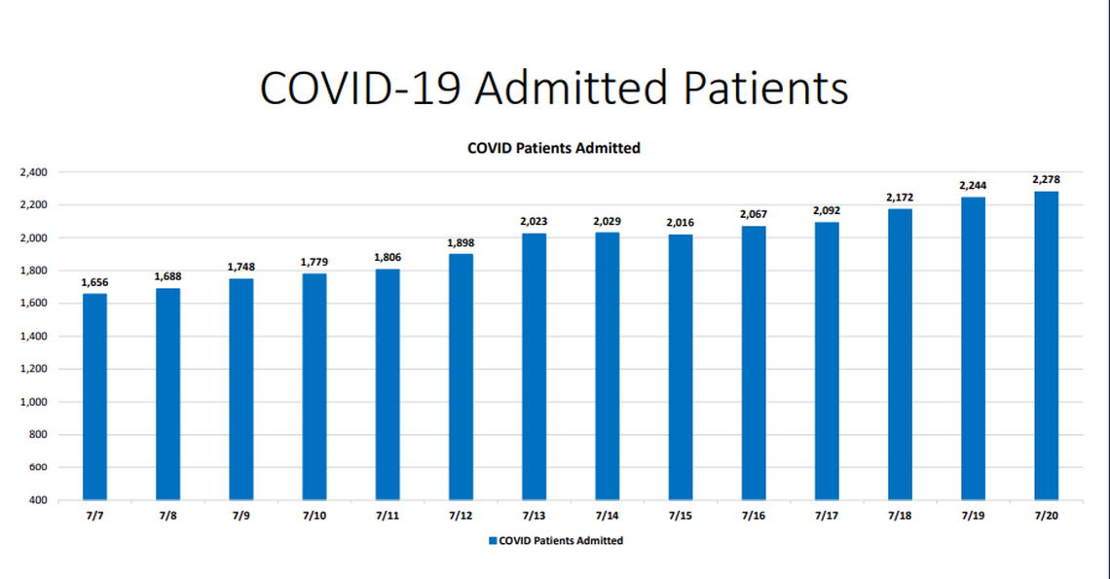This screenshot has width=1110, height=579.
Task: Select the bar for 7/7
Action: [94, 397]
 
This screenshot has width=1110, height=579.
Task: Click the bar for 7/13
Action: [534, 367]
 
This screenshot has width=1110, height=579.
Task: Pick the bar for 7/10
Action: [314, 386]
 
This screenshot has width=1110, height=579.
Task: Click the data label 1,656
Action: [94, 283]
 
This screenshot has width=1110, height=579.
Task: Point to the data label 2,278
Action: [1046, 180]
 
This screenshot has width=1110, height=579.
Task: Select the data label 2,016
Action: [681, 223]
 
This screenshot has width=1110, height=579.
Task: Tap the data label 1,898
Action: [461, 242]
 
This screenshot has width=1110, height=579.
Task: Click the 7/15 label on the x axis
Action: [681, 516]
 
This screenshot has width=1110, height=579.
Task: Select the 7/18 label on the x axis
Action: [900, 516]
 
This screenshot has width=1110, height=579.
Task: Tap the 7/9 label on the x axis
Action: [241, 516]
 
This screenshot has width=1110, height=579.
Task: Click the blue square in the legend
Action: [492, 540]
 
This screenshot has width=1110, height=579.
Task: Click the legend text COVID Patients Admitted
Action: [561, 540]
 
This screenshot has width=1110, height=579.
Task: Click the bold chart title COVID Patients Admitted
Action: [553, 149]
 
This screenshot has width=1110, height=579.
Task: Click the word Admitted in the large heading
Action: [573, 88]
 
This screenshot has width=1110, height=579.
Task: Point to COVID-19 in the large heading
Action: [360, 88]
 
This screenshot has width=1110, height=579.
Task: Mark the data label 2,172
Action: [900, 198]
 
